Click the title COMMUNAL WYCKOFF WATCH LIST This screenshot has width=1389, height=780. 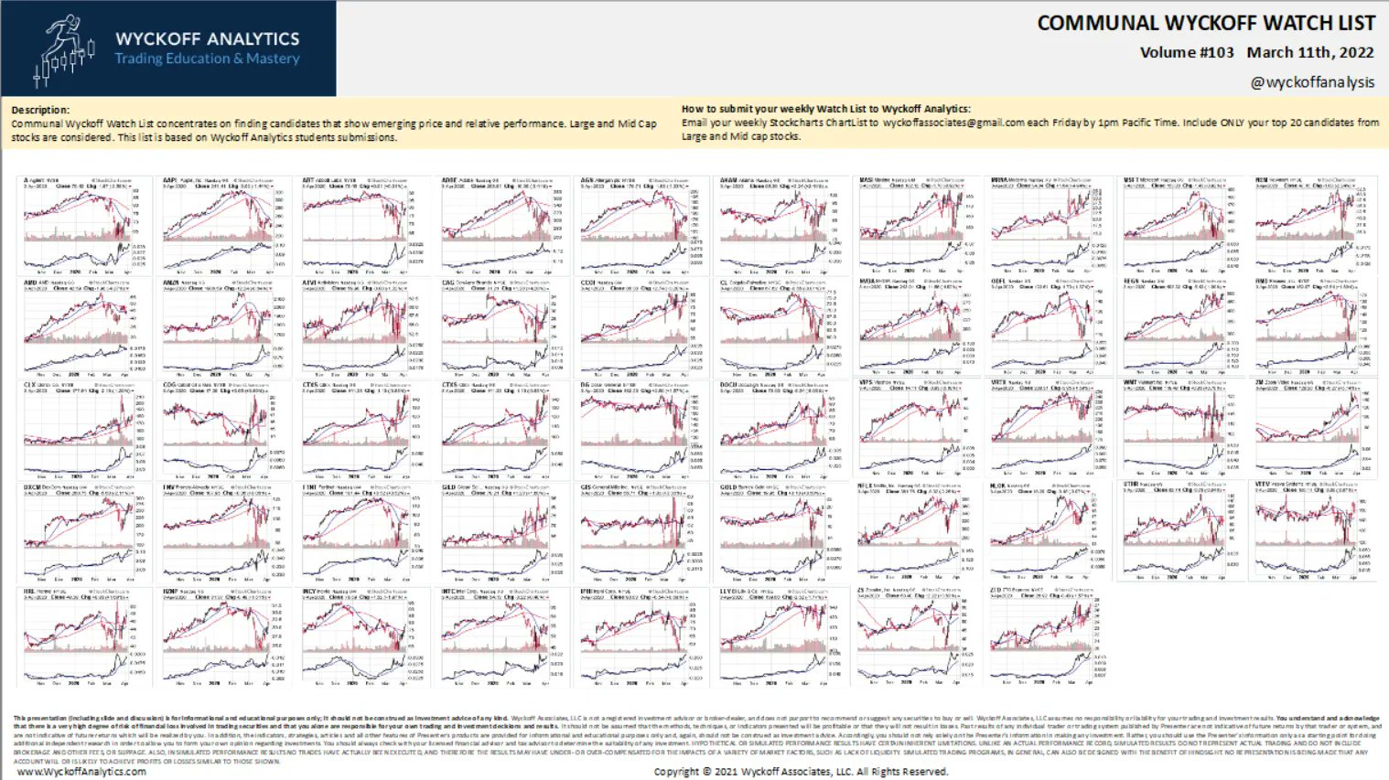pyautogui.click(x=1205, y=23)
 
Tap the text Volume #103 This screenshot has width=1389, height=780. pyautogui.click(x=1187, y=52)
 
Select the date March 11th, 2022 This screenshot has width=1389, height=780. pyautogui.click(x=1310, y=52)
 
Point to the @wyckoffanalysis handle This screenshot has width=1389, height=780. pyautogui.click(x=1312, y=82)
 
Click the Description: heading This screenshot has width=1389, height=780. pyautogui.click(x=40, y=110)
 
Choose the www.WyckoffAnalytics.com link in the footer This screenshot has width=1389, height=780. pyautogui.click(x=81, y=771)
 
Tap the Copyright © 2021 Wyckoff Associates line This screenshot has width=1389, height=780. pyautogui.click(x=801, y=771)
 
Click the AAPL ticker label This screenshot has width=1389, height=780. pyautogui.click(x=170, y=180)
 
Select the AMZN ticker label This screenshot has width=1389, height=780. pyautogui.click(x=171, y=283)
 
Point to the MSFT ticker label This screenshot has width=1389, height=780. pyautogui.click(x=1132, y=180)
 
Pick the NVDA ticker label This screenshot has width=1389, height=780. pyautogui.click(x=867, y=282)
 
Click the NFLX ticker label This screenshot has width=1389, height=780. pyautogui.click(x=866, y=486)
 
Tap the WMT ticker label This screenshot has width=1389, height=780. pyautogui.click(x=1130, y=383)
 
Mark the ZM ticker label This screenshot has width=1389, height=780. pyautogui.click(x=1260, y=383)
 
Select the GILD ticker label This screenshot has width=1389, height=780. pyautogui.click(x=448, y=487)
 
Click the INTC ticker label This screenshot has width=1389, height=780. pyautogui.click(x=448, y=591)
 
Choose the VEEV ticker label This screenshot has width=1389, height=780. pyautogui.click(x=1264, y=484)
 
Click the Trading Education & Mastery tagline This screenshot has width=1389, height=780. pyautogui.click(x=207, y=59)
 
